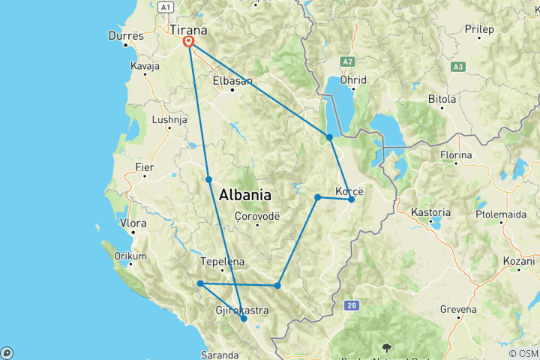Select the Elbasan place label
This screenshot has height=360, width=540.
click(231, 79)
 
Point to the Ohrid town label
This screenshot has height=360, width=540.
click(352, 80)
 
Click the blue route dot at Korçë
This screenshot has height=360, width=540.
click(351, 199)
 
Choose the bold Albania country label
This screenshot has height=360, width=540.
click(244, 195)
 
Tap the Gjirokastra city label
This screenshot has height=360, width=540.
click(222, 310)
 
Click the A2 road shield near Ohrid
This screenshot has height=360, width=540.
click(347, 61)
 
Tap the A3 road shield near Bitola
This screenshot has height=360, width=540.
click(457, 67)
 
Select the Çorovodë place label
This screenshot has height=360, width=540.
click(256, 214)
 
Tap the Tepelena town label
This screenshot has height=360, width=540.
click(223, 262)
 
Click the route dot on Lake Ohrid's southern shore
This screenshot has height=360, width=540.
click(329, 136)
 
